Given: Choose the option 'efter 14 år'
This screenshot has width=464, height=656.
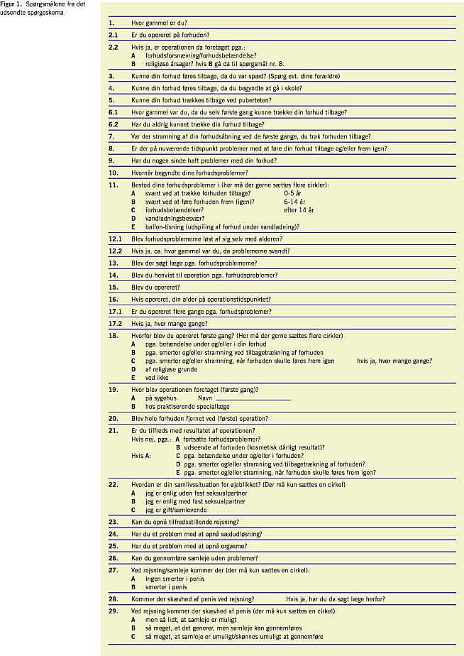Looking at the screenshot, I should (299, 209).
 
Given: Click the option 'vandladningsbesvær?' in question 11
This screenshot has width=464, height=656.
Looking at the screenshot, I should (170, 218).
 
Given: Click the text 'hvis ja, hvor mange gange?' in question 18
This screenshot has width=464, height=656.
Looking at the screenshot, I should (394, 361).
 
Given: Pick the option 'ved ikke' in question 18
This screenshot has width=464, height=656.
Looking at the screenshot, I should (157, 378).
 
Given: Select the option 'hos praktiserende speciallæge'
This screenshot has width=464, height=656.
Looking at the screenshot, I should (185, 407).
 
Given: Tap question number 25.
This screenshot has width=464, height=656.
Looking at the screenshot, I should (112, 546).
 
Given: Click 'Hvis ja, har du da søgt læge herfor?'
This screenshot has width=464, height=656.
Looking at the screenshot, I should (336, 599).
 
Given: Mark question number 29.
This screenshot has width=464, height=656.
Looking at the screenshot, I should (112, 611).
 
